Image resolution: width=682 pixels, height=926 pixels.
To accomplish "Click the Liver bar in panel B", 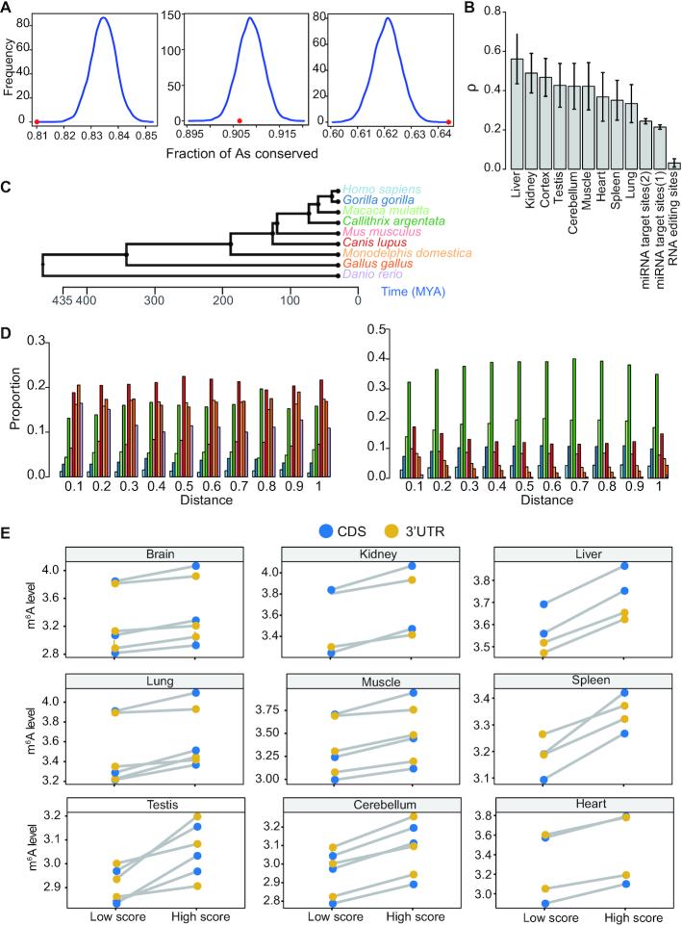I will (x=517, y=114).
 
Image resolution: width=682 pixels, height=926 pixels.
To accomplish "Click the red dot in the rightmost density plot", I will (x=449, y=121).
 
